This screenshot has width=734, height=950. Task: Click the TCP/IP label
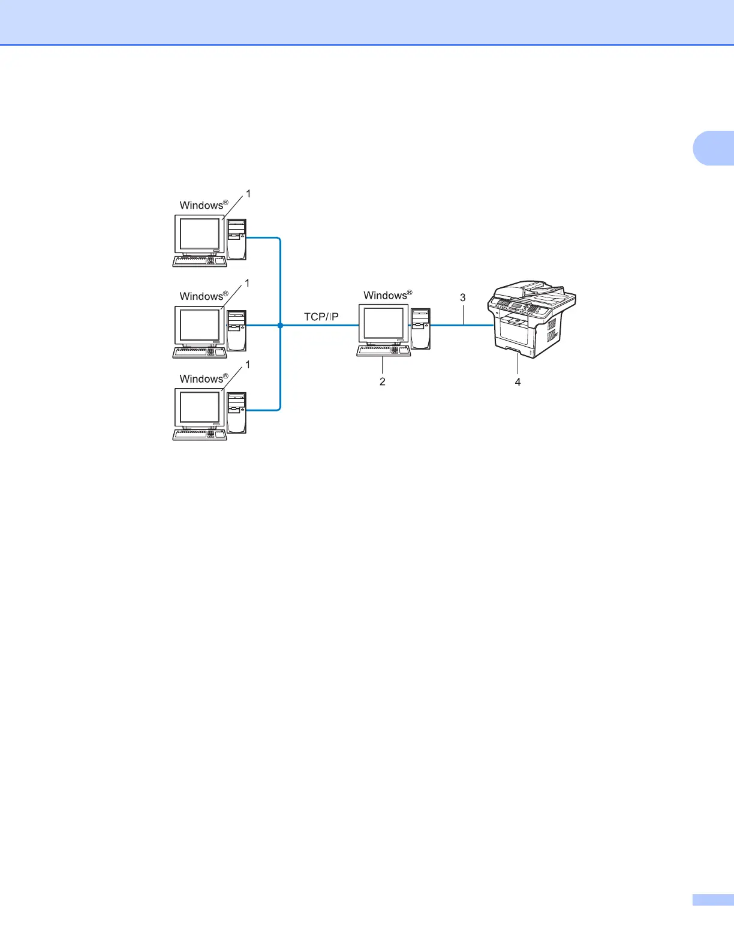(321, 317)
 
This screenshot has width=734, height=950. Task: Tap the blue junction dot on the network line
(280, 325)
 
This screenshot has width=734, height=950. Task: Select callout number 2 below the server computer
(383, 381)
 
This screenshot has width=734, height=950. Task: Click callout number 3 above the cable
(462, 297)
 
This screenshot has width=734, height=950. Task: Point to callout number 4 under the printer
(518, 382)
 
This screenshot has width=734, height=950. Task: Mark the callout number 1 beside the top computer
(248, 194)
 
